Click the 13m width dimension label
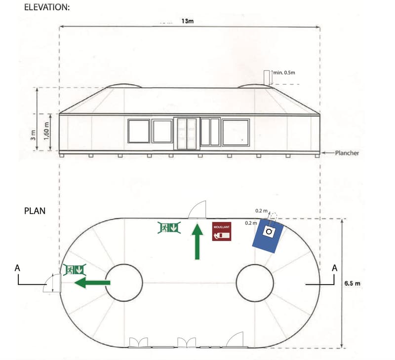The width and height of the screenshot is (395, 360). [188, 21]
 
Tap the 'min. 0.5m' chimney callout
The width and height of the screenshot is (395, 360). [284, 72]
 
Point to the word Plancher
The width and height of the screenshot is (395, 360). [347, 153]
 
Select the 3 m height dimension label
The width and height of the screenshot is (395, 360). [33, 135]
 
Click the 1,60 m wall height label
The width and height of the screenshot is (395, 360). [46, 131]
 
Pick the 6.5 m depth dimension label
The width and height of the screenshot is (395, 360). [352, 283]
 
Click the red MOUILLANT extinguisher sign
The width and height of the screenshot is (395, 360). [221, 231]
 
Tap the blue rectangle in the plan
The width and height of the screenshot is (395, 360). [268, 236]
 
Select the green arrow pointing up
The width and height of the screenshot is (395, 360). [197, 242]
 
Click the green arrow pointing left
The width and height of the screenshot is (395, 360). [92, 283]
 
